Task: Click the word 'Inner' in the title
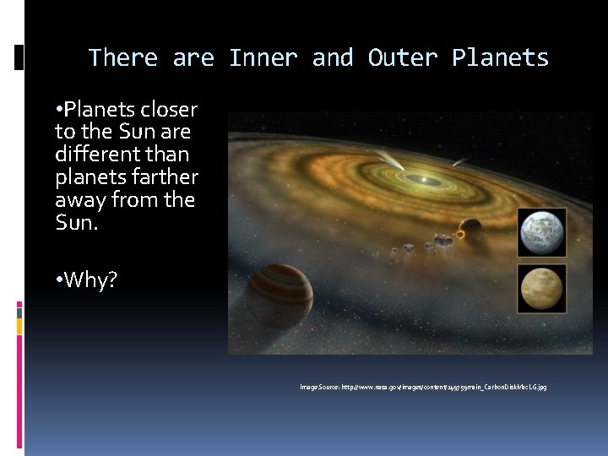click(263, 58)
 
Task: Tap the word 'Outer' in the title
click(402, 58)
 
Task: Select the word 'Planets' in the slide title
click(500, 58)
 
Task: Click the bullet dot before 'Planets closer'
click(59, 110)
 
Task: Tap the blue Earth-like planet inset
click(541, 232)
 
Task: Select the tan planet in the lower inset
click(541, 290)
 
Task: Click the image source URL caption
click(423, 387)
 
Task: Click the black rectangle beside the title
click(19, 57)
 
